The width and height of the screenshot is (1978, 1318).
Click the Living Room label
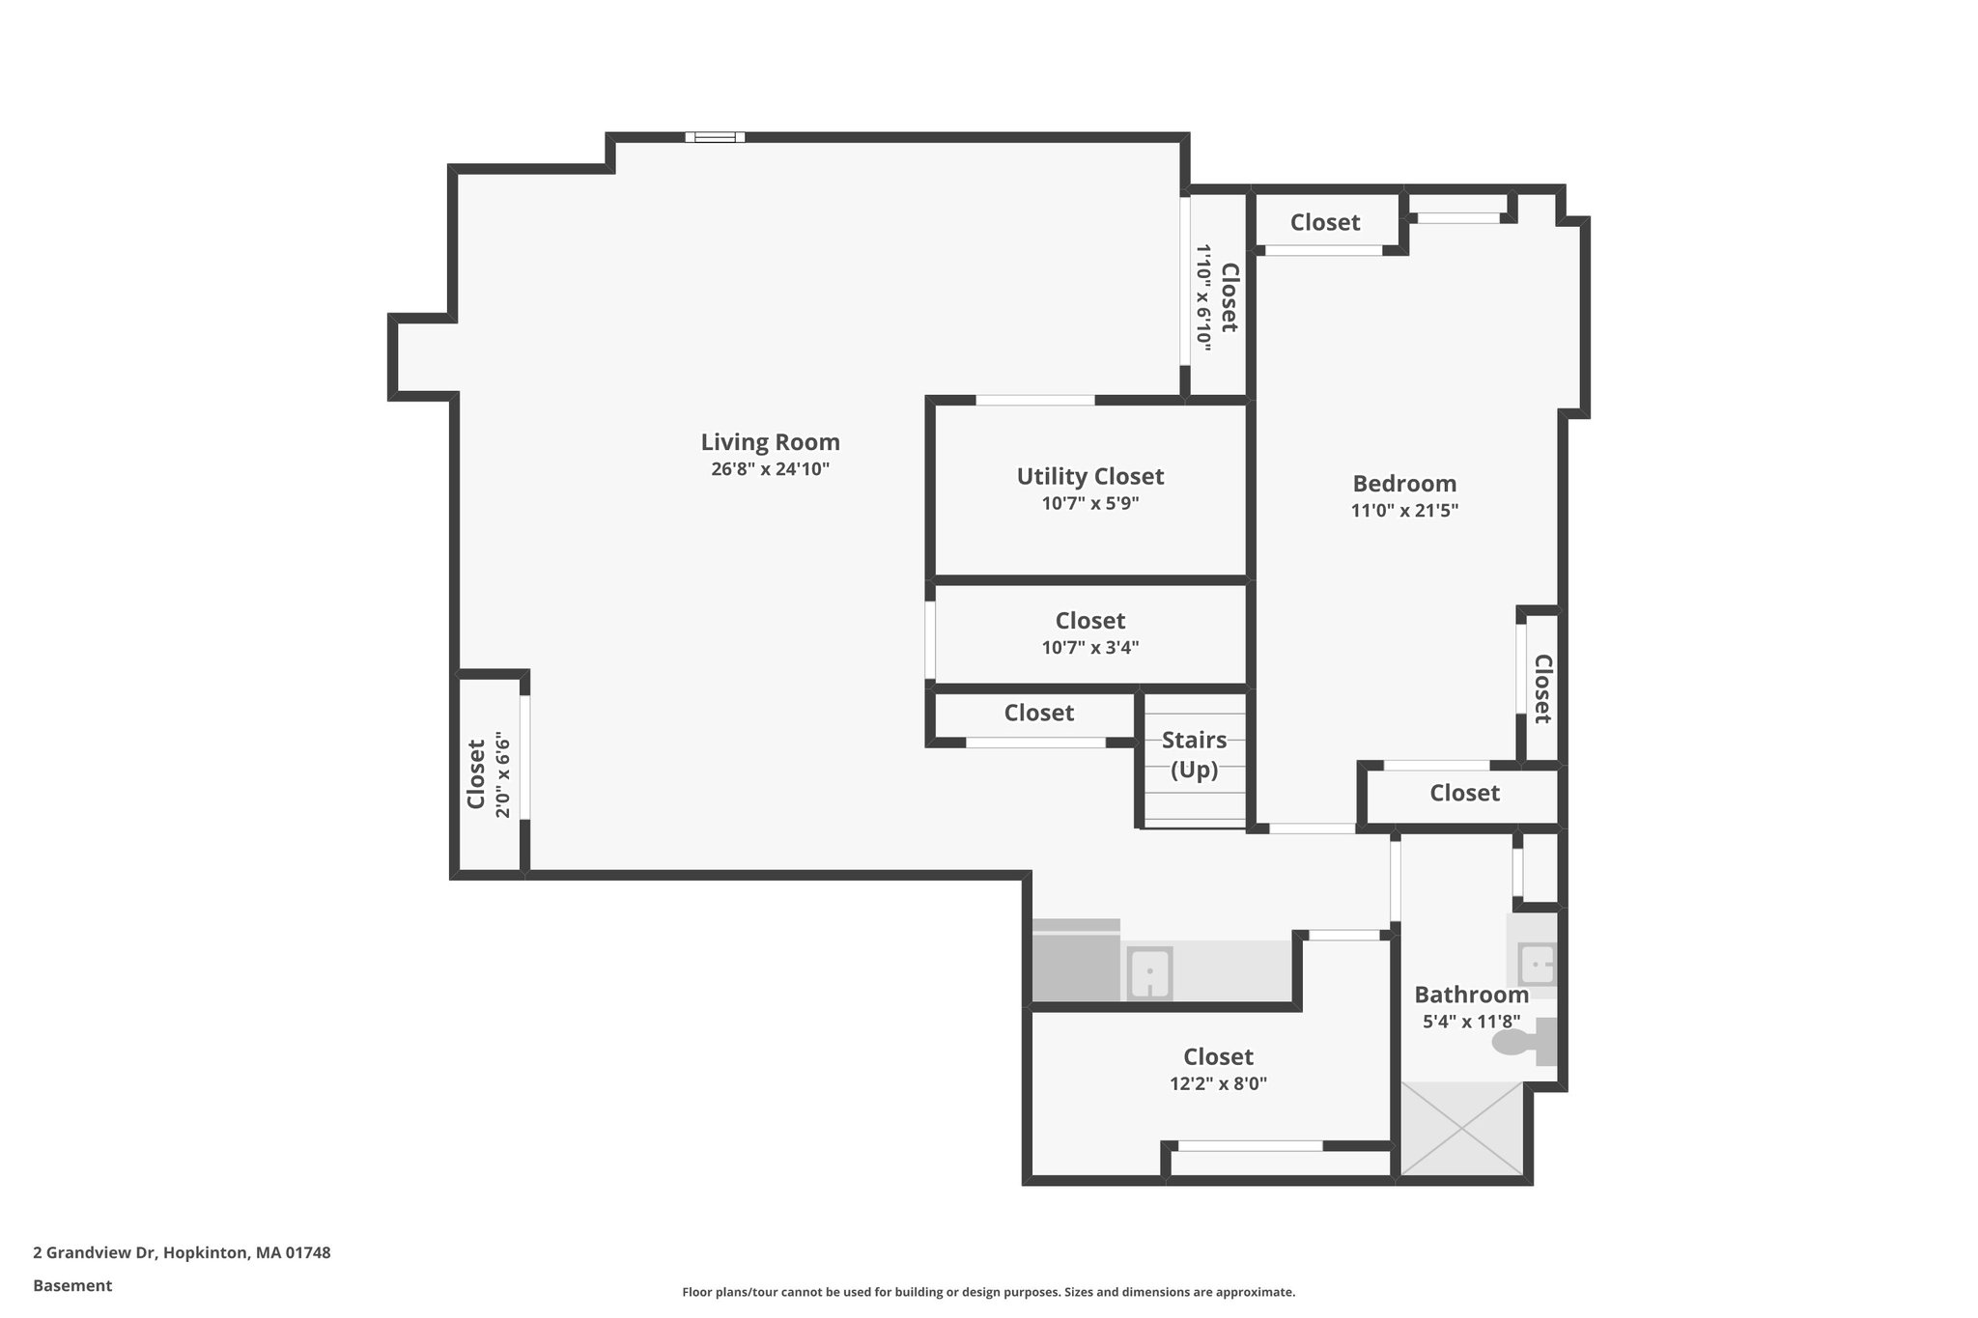tap(770, 442)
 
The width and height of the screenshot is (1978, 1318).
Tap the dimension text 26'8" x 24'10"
tap(770, 469)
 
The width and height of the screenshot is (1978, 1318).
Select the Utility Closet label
tap(1089, 476)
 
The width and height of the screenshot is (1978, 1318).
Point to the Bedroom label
tap(1403, 484)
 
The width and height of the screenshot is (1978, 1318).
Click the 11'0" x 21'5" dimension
tap(1403, 511)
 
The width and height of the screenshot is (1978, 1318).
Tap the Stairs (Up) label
tap(1194, 755)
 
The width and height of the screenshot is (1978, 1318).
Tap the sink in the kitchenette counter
tap(1149, 973)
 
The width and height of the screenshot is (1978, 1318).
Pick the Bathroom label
tap(1471, 995)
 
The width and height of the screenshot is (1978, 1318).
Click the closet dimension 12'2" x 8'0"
tap(1218, 1083)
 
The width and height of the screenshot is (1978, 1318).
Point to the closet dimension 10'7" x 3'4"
tap(1089, 648)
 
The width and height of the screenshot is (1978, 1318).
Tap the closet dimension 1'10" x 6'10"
tap(1203, 294)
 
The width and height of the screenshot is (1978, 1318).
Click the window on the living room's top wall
tap(715, 137)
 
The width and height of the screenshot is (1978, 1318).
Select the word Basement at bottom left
tap(72, 1285)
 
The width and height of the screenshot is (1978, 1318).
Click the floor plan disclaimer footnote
tap(988, 1292)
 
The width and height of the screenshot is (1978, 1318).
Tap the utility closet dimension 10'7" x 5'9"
tap(1089, 503)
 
